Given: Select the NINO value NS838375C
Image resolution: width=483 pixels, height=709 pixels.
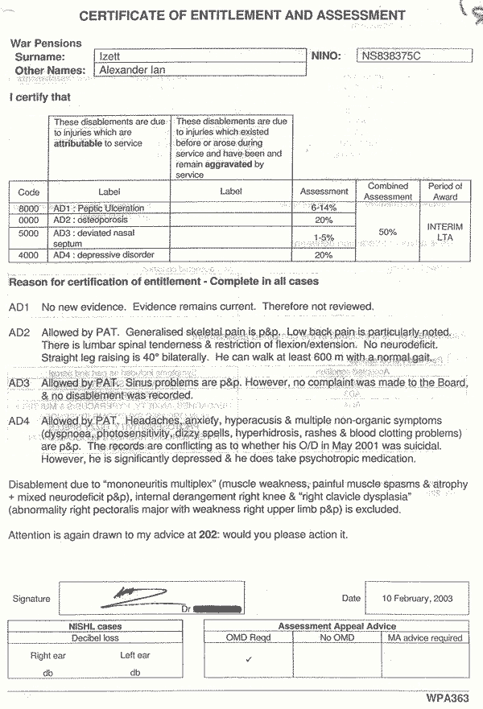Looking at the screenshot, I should [391, 56].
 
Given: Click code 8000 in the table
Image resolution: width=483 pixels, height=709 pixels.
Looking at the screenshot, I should [29, 208].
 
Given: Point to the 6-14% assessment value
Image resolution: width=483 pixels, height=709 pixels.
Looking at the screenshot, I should [324, 208].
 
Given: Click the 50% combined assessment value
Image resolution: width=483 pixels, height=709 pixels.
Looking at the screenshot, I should [388, 232].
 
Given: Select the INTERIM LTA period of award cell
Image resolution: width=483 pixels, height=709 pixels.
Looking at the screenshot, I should [445, 233].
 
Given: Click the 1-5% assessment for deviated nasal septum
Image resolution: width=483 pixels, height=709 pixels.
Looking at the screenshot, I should [324, 237].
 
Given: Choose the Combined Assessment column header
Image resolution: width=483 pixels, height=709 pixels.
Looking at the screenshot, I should [388, 192].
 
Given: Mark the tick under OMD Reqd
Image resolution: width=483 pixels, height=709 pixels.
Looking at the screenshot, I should [249, 658].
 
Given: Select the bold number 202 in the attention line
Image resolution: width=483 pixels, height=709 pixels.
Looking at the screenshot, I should [208, 535].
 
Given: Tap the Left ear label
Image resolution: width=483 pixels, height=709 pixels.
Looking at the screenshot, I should [135, 655].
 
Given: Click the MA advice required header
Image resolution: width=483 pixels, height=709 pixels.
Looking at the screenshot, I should [425, 638].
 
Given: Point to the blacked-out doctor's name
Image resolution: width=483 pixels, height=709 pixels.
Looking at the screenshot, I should [217, 608].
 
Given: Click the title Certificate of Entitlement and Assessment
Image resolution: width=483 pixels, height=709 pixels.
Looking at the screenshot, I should [242, 15].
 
